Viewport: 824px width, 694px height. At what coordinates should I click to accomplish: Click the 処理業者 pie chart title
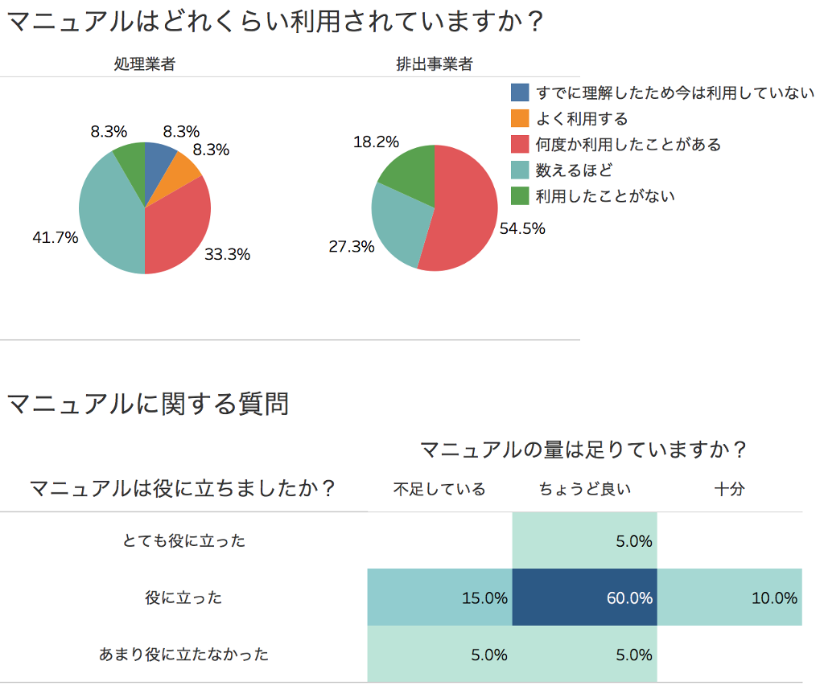(145, 65)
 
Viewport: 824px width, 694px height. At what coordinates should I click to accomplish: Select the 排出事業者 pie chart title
(434, 65)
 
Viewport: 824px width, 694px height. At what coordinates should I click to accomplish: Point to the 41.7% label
(55, 237)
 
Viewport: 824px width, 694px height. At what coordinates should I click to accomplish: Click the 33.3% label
(227, 255)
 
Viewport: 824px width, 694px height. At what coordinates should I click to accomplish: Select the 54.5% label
(522, 228)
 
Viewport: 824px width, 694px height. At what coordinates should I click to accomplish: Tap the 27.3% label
(352, 247)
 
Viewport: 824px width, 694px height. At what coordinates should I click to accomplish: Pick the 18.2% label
(376, 142)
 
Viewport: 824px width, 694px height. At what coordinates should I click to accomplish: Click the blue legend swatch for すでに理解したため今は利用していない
(521, 93)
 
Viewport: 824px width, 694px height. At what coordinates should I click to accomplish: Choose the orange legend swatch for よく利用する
(521, 119)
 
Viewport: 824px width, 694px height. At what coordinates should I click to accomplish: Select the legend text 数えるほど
(574, 170)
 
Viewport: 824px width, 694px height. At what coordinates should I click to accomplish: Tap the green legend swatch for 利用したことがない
(521, 195)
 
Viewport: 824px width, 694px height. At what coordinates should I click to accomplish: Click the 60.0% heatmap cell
(585, 597)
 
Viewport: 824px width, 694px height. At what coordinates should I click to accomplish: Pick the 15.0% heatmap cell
(440, 597)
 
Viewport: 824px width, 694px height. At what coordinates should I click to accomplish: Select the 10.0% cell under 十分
(730, 597)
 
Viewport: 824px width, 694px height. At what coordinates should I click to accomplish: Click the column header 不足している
(439, 489)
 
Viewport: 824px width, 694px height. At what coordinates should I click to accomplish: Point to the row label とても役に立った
(183, 541)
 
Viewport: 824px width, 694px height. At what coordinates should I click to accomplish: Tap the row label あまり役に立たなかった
(183, 655)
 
